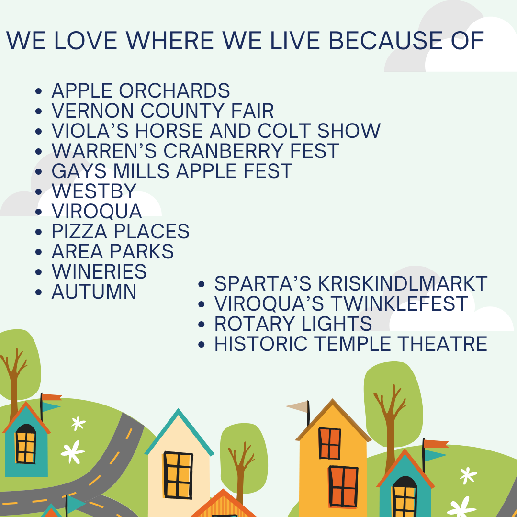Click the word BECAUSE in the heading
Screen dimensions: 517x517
(x=385, y=41)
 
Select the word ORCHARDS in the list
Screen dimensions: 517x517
(x=174, y=90)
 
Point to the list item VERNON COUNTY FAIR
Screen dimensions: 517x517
(x=163, y=111)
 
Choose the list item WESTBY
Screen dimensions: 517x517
(x=94, y=191)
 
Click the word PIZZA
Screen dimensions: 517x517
(x=79, y=232)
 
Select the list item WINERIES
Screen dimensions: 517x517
(x=99, y=272)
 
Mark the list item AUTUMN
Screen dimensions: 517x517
(x=94, y=292)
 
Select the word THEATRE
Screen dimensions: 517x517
(x=442, y=344)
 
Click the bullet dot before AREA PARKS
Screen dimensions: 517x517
(x=39, y=252)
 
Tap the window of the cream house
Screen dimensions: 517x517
(x=178, y=475)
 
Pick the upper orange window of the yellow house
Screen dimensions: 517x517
(x=330, y=443)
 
